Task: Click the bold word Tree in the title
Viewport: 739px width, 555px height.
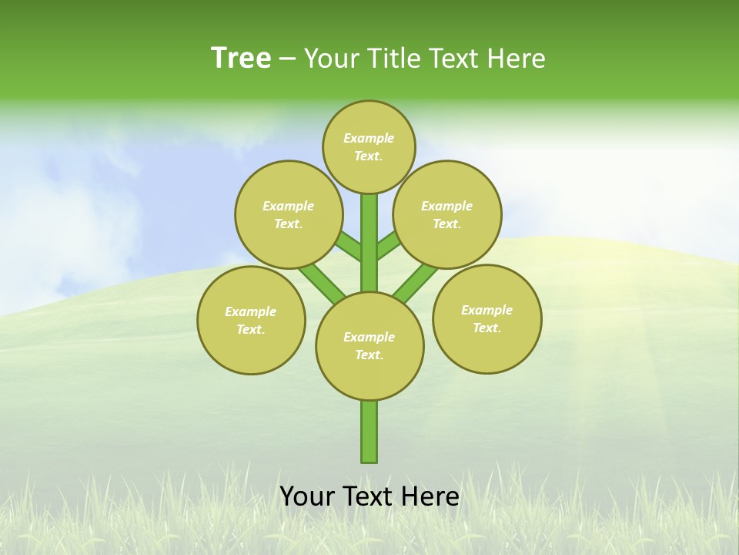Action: (x=241, y=59)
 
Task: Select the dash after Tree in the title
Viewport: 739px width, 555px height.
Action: (x=287, y=59)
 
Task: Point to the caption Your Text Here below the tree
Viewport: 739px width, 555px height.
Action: (x=369, y=496)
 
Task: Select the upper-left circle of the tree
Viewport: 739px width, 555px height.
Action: (x=288, y=214)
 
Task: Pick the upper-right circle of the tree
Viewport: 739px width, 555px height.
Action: (x=447, y=214)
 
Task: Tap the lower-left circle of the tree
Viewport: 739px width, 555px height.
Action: (x=251, y=320)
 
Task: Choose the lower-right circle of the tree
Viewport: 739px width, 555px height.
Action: (x=487, y=318)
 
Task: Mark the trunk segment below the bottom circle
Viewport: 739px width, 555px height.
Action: (x=369, y=432)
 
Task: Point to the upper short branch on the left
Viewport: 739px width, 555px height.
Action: (x=349, y=247)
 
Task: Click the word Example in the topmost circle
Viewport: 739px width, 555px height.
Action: (x=369, y=138)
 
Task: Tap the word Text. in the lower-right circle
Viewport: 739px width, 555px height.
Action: (x=487, y=328)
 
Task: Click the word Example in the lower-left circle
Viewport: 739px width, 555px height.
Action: (x=250, y=311)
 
